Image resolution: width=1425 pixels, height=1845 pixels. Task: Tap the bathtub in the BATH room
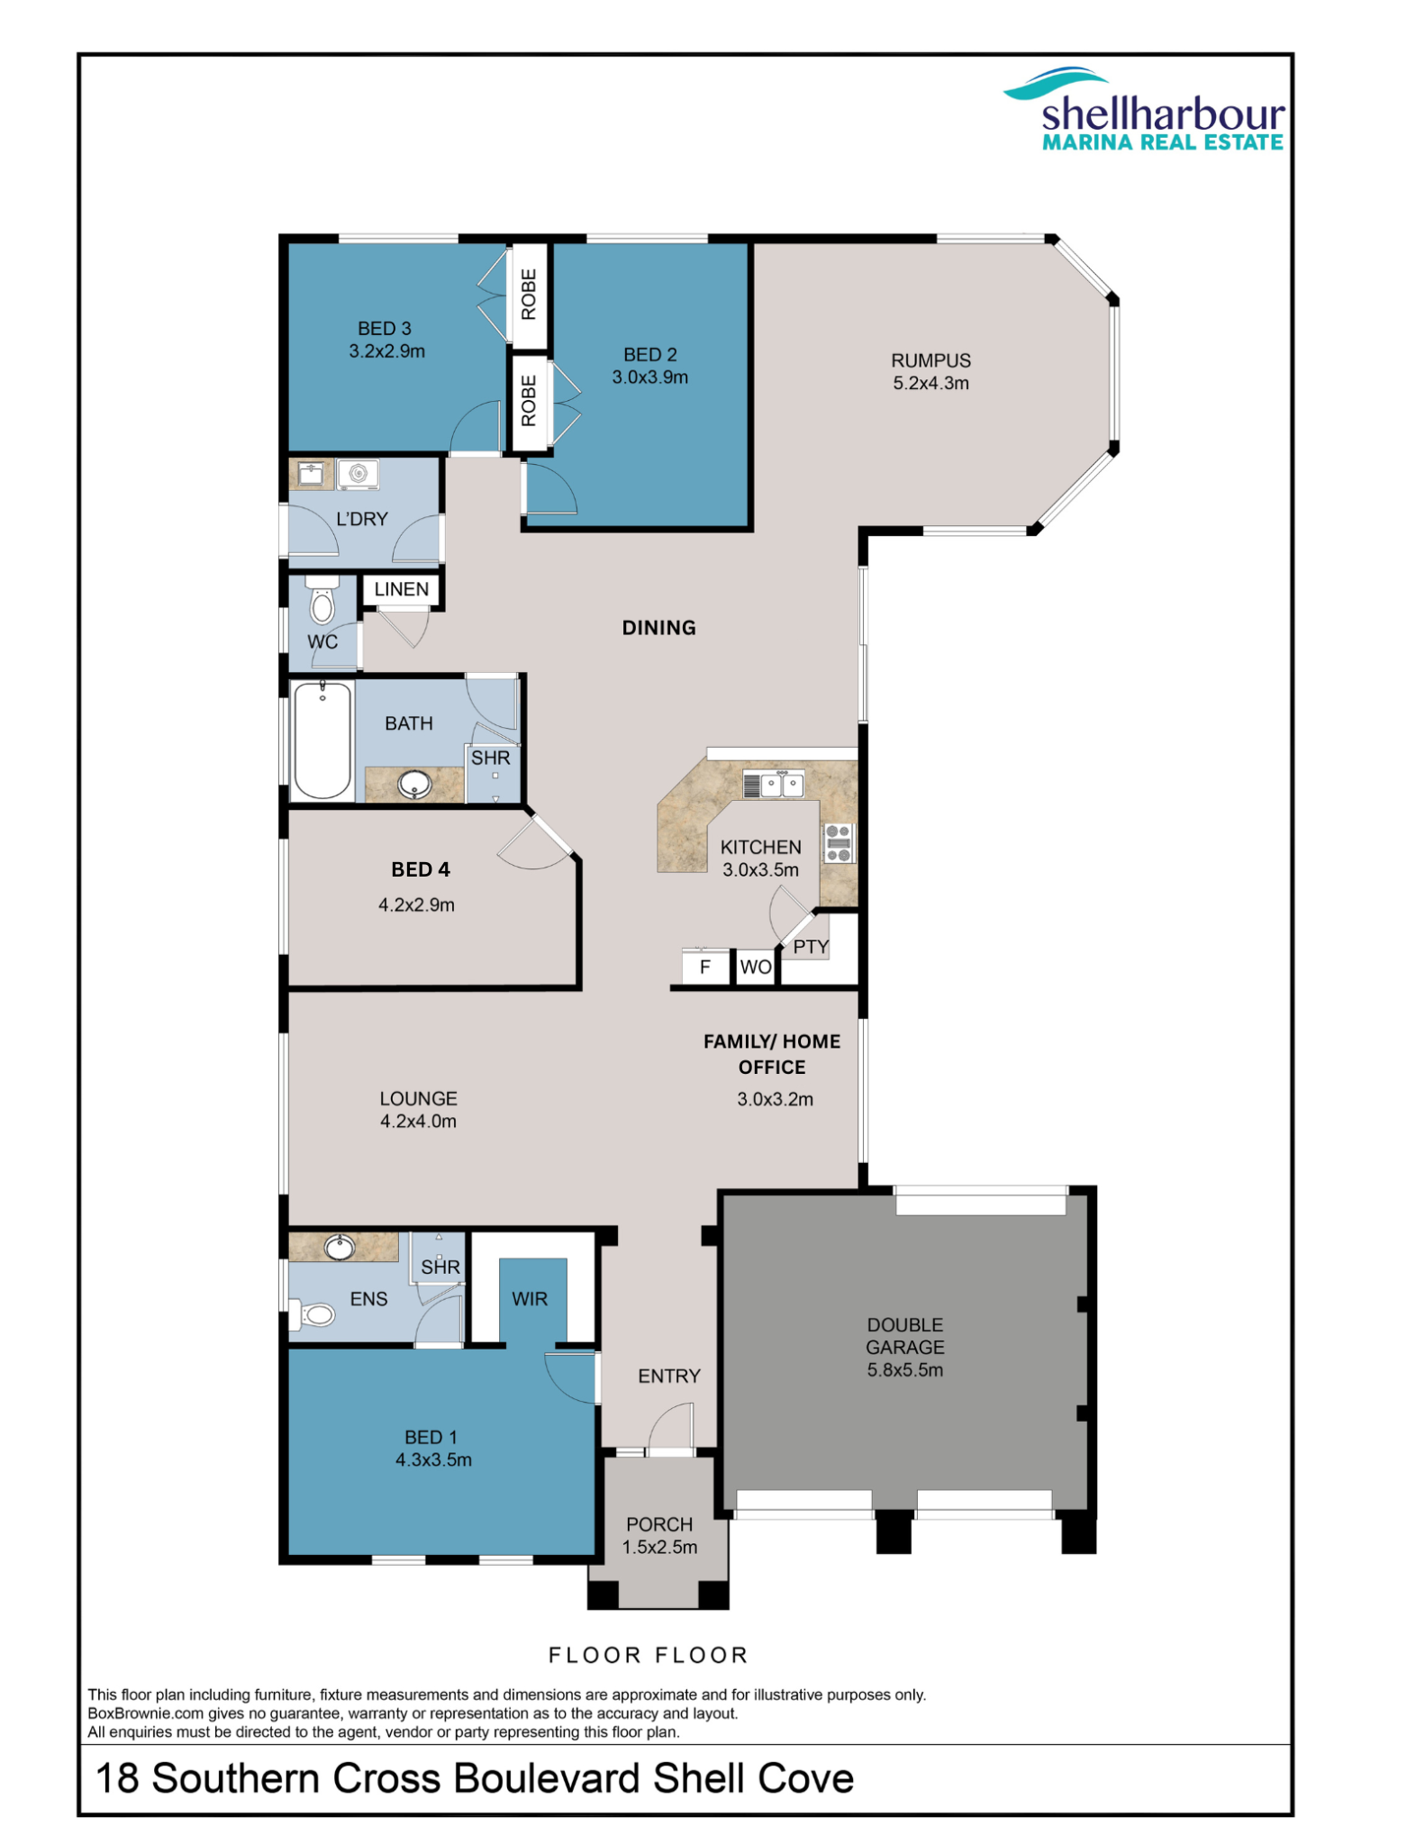(x=322, y=741)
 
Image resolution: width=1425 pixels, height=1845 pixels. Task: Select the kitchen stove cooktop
(x=838, y=843)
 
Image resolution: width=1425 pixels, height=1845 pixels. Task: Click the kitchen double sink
(x=773, y=784)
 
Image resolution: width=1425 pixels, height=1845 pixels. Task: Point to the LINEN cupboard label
(x=402, y=589)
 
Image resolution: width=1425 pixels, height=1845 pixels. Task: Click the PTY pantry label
(x=811, y=946)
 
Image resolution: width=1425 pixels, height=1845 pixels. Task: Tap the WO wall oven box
(x=755, y=967)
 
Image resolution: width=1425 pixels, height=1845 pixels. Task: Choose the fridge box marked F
(x=705, y=967)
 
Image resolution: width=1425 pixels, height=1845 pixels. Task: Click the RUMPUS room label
(x=930, y=360)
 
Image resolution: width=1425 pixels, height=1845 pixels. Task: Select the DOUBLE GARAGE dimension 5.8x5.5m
(x=905, y=1370)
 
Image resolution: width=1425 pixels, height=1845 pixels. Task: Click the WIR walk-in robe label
(x=530, y=1299)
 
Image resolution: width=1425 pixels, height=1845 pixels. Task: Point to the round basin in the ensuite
(x=340, y=1248)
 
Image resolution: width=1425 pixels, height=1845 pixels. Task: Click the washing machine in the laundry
(x=359, y=474)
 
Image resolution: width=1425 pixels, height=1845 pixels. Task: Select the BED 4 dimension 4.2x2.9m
(x=416, y=904)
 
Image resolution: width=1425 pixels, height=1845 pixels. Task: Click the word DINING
(x=658, y=628)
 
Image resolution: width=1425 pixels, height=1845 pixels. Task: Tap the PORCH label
(x=659, y=1524)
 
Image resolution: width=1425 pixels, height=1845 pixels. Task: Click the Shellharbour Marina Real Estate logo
(x=1145, y=109)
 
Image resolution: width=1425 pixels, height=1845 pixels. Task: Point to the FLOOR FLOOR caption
(x=649, y=1655)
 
